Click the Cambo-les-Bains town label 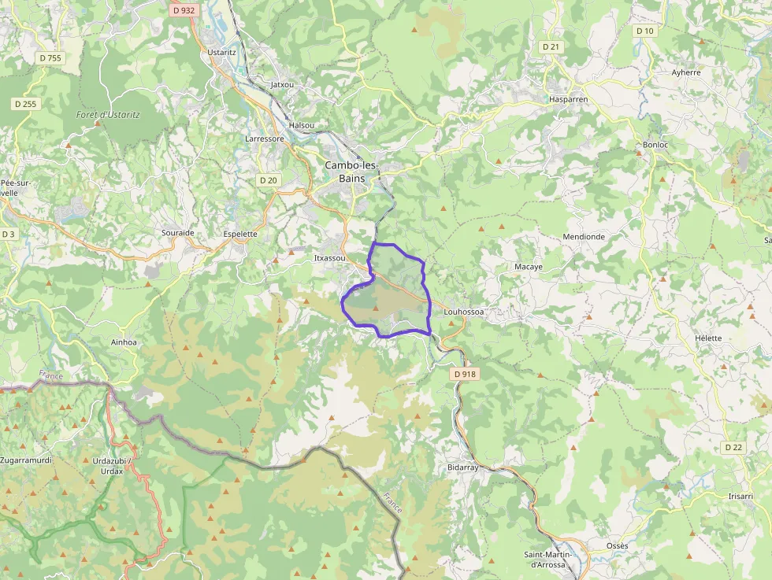tap(351, 172)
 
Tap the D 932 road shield tap(183, 10)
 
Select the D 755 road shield tap(50, 57)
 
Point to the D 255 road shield tap(25, 103)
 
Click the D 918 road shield tap(466, 375)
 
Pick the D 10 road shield tap(644, 31)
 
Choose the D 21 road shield tap(551, 46)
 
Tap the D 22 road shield tap(733, 447)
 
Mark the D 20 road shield tap(269, 180)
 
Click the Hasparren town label tap(569, 99)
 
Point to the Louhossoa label tap(464, 312)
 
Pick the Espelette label tap(240, 234)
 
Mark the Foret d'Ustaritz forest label tap(108, 115)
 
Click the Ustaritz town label tap(221, 52)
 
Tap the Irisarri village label tap(740, 496)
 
